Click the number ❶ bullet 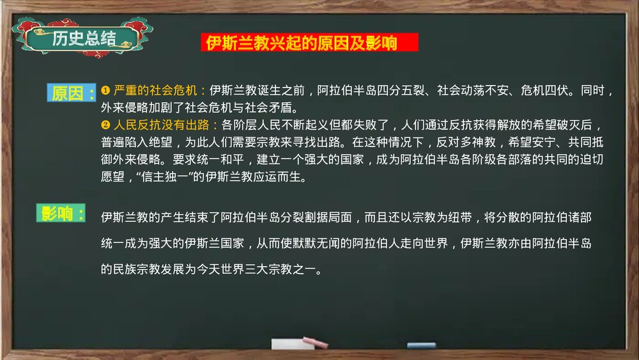click(x=105, y=90)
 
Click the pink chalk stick click(x=315, y=343)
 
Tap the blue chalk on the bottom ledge click(x=421, y=345)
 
